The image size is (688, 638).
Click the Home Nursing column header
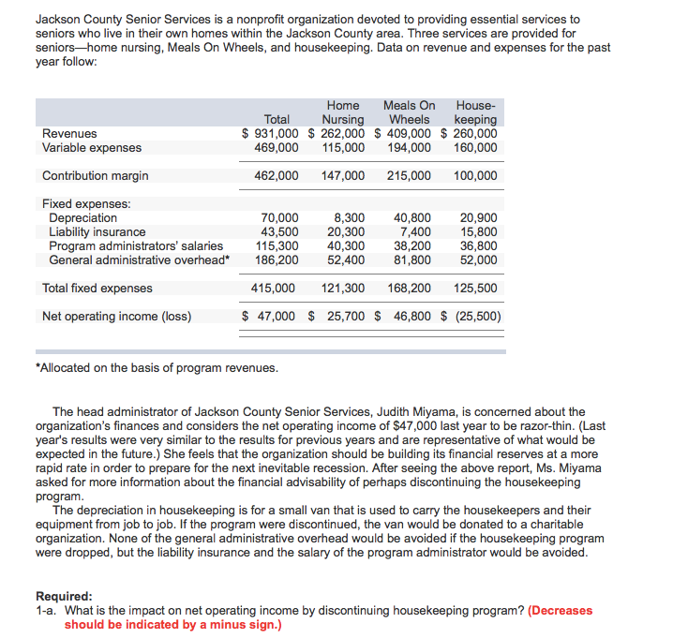(x=343, y=112)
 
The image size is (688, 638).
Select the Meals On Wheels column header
(x=409, y=112)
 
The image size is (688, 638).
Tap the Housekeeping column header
(x=475, y=112)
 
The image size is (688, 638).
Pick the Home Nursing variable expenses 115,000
(x=343, y=147)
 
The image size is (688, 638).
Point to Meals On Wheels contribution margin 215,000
(x=409, y=175)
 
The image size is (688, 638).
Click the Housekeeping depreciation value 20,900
(x=480, y=217)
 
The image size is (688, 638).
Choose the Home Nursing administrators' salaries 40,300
(x=347, y=245)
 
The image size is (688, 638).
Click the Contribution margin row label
(x=96, y=175)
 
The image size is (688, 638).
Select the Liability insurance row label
(x=97, y=231)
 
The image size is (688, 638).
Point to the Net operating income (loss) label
(x=117, y=316)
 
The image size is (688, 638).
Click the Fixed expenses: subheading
(x=86, y=203)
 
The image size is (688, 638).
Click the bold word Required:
(x=64, y=596)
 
